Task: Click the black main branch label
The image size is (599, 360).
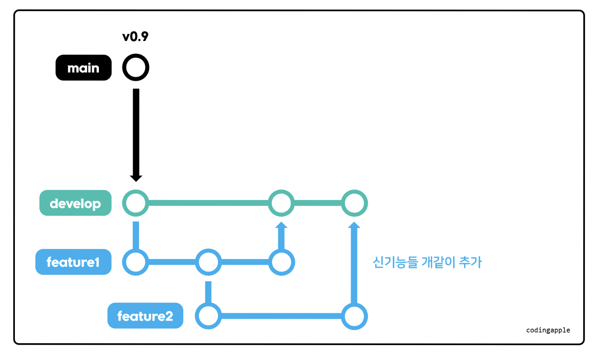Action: coord(83,68)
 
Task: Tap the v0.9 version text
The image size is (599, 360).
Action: coord(135,37)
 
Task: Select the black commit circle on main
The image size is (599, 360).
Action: coord(136,67)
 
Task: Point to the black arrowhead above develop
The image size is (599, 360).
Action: coord(136,178)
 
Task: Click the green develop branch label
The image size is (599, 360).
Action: coord(75,203)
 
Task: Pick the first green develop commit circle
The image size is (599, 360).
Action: coord(136,203)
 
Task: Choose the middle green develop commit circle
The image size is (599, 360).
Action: coord(281,203)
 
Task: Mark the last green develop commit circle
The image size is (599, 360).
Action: coord(354,203)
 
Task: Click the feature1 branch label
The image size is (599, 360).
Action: coord(73,262)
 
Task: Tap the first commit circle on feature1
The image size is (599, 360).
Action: coord(136,262)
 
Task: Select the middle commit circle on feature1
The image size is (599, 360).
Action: coord(208,262)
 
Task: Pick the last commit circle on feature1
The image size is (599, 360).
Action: coord(281,262)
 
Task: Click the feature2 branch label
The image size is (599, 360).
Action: coord(145,316)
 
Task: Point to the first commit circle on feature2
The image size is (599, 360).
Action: coord(208,316)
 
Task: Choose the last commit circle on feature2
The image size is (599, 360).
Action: coord(354,316)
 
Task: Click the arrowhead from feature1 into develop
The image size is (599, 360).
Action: coord(281,225)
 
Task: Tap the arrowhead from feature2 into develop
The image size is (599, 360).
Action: coord(354,225)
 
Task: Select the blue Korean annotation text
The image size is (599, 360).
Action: coord(427,262)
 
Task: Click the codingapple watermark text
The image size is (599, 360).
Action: coord(548,330)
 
